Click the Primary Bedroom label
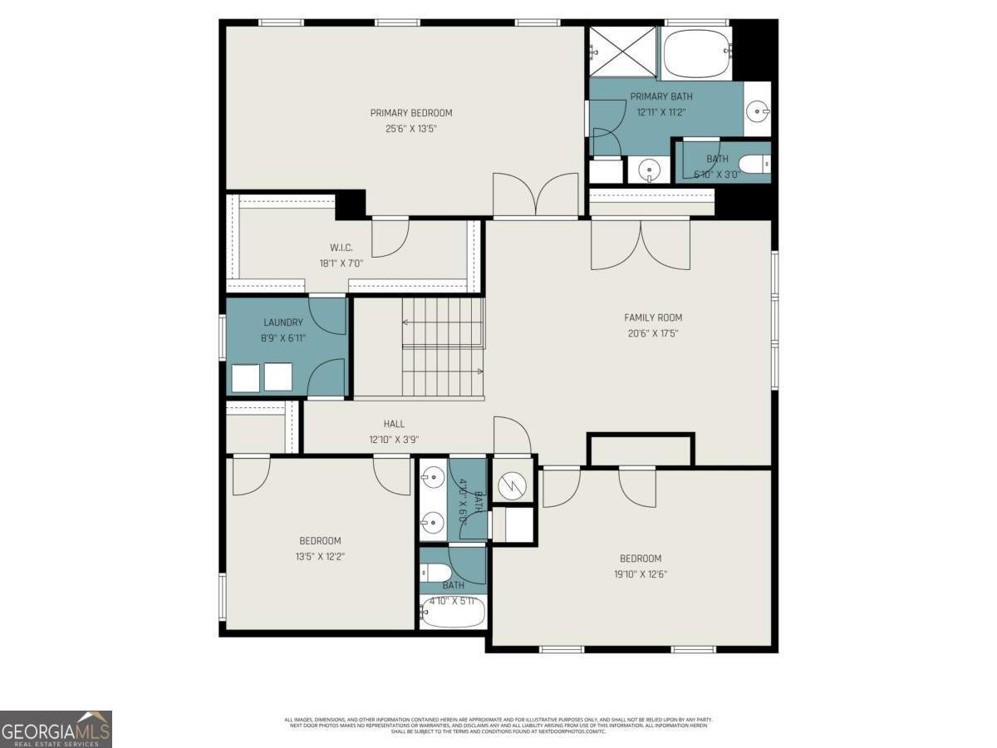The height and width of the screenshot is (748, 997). coord(411,113)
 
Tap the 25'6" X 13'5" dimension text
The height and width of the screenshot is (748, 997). coord(411,129)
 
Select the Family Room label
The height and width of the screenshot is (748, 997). coord(653,317)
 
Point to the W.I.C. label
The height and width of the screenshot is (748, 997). coord(341,247)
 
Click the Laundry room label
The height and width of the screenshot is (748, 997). coord(283,322)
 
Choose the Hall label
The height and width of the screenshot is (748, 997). coord(394,424)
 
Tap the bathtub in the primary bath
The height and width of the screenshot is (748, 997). coord(696,52)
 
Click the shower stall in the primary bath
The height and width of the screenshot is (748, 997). coord(622,52)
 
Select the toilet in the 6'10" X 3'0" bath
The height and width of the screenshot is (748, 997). coord(751,164)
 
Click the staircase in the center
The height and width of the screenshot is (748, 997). coord(442,347)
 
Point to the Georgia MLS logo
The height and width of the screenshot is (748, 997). coord(56,729)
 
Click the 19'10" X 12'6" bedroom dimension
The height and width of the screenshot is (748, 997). coord(641,573)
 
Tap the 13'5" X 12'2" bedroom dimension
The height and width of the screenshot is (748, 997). coord(320,556)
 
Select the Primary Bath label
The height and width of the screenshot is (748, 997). coord(661,96)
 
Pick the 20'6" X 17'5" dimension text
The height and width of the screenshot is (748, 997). coord(653,333)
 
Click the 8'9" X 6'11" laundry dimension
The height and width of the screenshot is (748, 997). coord(283,338)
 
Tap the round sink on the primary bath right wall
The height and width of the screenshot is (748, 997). coord(757,110)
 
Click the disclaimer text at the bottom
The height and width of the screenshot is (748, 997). coord(498,725)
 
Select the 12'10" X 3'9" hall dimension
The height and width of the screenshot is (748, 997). coord(394,440)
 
